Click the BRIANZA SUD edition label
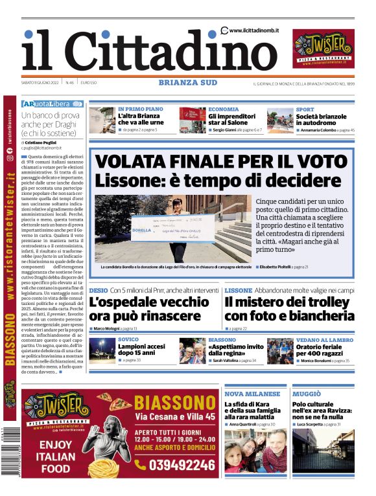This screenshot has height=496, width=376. tap(188, 82)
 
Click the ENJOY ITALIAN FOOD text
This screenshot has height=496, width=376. tap(55, 457)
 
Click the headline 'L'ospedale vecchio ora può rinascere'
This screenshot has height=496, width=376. tap(149, 309)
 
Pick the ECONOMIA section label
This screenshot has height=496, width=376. tap(224, 109)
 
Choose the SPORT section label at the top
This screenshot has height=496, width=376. tap(305, 109)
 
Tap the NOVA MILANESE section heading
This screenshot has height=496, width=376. tap(252, 394)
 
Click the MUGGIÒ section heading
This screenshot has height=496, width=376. tap(306, 394)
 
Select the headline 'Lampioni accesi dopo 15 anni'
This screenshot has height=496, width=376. tap(141, 350)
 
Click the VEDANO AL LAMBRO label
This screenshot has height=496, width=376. tap(324, 339)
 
